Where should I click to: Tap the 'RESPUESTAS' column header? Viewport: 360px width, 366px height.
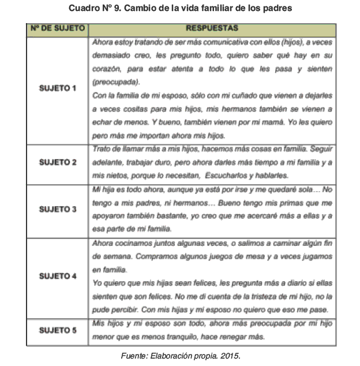click(212, 28)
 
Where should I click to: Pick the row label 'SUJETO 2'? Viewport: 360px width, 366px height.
click(58, 162)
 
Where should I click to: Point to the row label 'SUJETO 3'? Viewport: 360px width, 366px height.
click(58, 208)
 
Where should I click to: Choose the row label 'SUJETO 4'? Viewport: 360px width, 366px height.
click(58, 275)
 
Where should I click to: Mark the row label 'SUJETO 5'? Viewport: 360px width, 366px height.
click(58, 330)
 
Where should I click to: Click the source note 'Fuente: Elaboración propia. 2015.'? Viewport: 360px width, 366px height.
click(180, 356)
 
